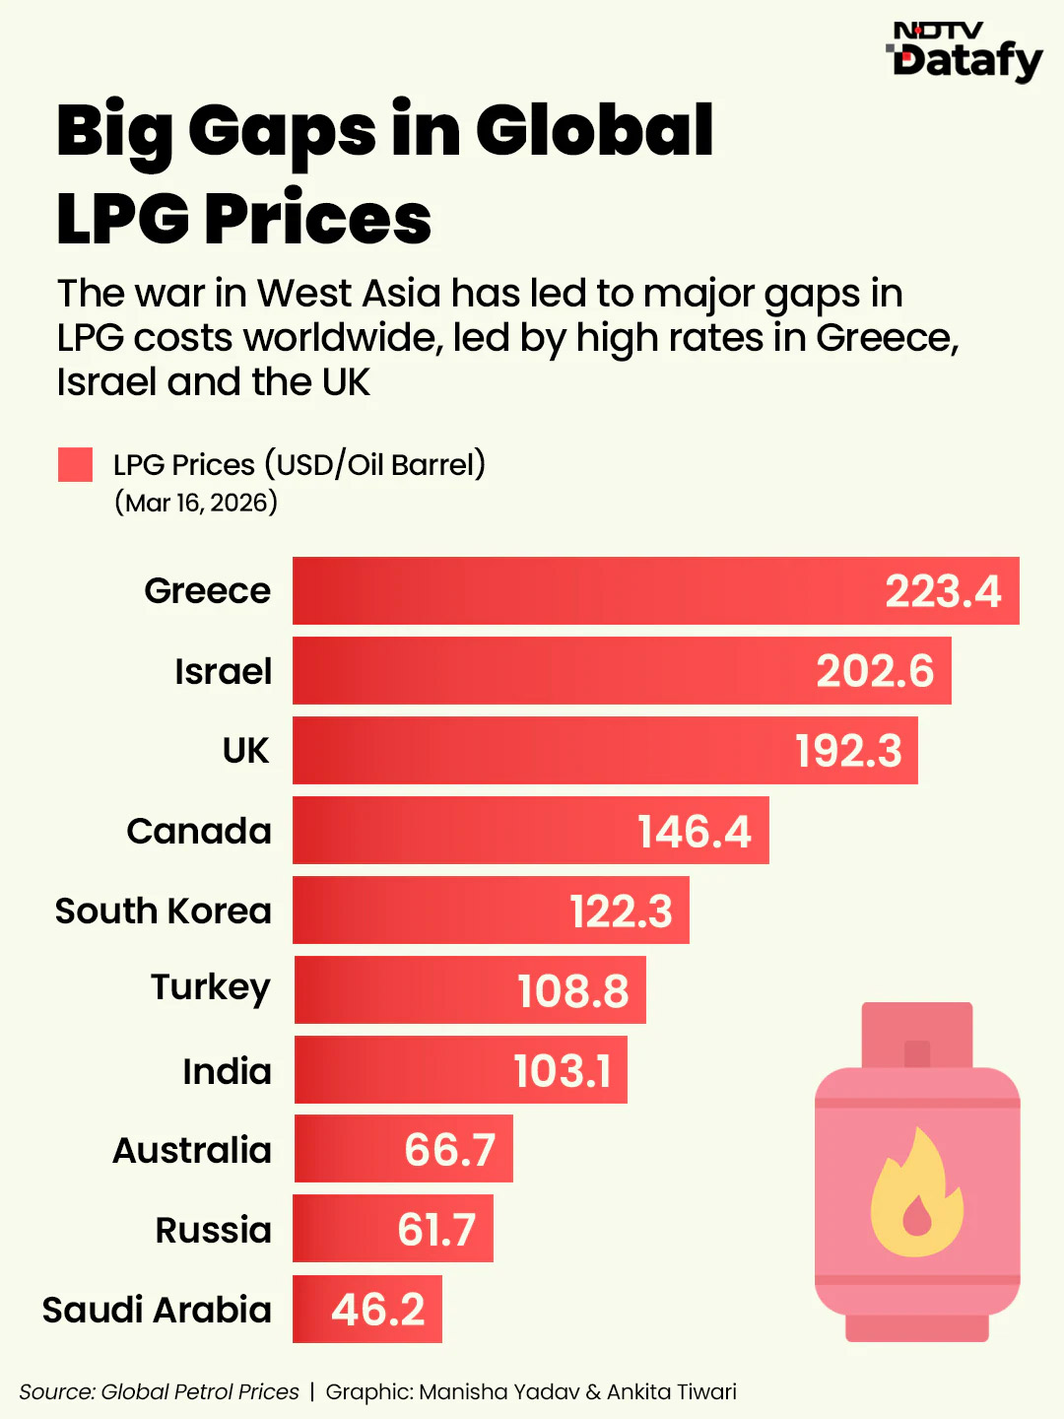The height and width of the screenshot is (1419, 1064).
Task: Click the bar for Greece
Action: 591,590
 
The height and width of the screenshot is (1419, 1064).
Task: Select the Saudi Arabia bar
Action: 366,1309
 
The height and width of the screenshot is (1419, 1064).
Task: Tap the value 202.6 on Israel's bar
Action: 874,671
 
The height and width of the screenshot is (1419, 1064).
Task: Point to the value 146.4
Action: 694,831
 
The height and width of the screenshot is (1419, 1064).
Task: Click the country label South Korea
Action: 164,911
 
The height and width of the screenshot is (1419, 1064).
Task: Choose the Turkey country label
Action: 211,987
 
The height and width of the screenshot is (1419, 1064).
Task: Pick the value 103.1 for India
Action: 562,1070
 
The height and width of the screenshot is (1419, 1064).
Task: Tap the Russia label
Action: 213,1230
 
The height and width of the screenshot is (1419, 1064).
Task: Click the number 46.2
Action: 377,1310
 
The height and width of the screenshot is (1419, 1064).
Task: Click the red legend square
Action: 75,464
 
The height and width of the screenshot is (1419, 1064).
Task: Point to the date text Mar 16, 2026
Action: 196,503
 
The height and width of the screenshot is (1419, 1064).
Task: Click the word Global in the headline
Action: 594,130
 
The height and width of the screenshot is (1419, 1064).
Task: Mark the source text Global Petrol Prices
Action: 200,1391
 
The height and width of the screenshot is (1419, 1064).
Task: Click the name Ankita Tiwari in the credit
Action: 671,1391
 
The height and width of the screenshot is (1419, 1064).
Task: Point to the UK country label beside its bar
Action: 245,751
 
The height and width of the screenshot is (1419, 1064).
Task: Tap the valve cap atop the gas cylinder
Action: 916,1035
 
